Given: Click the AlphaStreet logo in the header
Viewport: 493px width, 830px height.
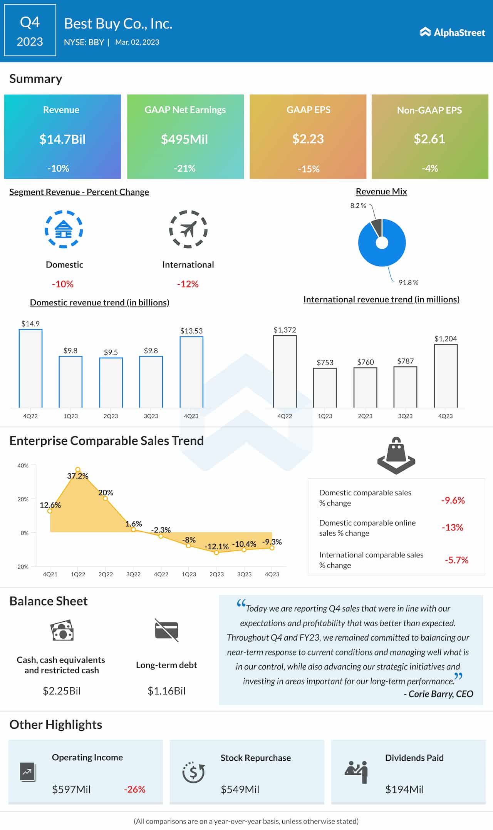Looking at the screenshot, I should pyautogui.click(x=452, y=32).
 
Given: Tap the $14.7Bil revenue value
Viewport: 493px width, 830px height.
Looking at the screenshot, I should pyautogui.click(x=62, y=139).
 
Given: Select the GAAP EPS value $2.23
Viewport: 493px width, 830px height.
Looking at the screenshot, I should pyautogui.click(x=308, y=139).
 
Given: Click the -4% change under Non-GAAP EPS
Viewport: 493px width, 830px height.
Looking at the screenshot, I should pyautogui.click(x=429, y=168).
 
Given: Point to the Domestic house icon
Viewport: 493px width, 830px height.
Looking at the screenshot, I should pyautogui.click(x=64, y=229).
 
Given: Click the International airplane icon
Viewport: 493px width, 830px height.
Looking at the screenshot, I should pyautogui.click(x=188, y=229).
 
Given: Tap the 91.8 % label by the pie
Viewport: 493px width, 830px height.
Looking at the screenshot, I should pyautogui.click(x=408, y=283).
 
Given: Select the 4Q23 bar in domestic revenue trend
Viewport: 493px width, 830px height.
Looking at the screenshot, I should pyautogui.click(x=191, y=372).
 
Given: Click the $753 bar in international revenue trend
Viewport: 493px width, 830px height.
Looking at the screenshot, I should pyautogui.click(x=325, y=388).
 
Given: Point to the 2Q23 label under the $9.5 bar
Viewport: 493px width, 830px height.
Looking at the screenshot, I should pyautogui.click(x=111, y=416).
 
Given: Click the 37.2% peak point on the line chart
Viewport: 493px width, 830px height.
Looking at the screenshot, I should pyautogui.click(x=78, y=470).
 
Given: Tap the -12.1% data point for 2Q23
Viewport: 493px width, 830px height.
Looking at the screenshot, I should pyautogui.click(x=216, y=552).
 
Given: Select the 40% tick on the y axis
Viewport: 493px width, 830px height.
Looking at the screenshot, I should pyautogui.click(x=23, y=465).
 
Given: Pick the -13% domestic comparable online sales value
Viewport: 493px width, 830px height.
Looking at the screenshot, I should pyautogui.click(x=452, y=527).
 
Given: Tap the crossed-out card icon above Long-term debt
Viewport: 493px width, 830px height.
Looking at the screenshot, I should pyautogui.click(x=166, y=630).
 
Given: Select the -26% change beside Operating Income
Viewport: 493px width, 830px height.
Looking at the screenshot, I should pyautogui.click(x=134, y=789).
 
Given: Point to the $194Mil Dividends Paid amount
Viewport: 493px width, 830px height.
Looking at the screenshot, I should pyautogui.click(x=404, y=790).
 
